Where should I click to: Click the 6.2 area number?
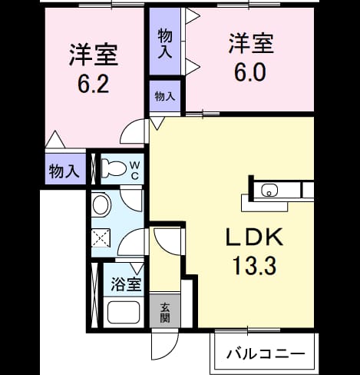point(94,84)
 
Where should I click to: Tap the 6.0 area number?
point(250,72)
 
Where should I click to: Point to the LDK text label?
point(254,237)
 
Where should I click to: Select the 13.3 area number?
point(255,266)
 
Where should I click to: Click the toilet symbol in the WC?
point(114,168)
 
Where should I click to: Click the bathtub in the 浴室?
point(124,312)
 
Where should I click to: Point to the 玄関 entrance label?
point(165,313)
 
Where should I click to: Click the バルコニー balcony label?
point(266,354)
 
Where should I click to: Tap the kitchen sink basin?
point(269,191)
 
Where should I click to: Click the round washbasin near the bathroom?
point(101,205)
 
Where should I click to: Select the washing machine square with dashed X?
point(101,238)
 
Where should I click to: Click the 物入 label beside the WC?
point(64,171)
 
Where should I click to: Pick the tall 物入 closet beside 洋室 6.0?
point(165,41)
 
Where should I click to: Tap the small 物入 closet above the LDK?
point(165,96)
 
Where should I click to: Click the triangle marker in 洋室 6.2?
point(55,139)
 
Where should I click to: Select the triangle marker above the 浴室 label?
point(137,268)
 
